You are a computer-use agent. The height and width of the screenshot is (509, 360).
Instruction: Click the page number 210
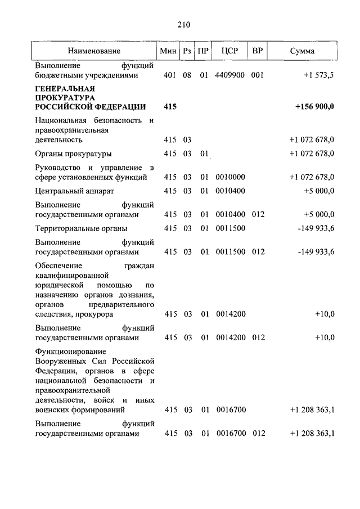[x=183, y=24]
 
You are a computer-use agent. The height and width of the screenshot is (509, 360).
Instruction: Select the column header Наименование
[x=94, y=51]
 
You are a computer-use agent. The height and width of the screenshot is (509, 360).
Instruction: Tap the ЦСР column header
[x=229, y=51]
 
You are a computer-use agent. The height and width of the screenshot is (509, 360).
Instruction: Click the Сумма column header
[x=302, y=51]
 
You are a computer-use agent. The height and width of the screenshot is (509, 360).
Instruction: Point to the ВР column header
[x=257, y=51]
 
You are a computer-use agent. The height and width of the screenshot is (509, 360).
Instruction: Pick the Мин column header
[x=168, y=51]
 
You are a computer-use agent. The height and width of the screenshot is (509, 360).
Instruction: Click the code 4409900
[x=229, y=75]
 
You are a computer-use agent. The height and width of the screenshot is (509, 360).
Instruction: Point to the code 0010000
[x=229, y=177]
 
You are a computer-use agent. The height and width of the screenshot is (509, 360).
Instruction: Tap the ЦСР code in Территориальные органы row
[x=229, y=228]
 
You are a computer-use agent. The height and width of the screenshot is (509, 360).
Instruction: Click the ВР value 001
[x=257, y=75]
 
